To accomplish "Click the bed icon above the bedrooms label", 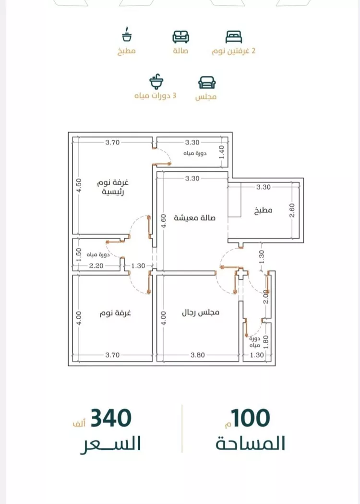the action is (x=234, y=37).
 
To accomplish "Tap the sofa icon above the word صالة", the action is (x=180, y=37).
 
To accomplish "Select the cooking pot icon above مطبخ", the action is (x=127, y=35).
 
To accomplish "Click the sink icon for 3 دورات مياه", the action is (x=156, y=82).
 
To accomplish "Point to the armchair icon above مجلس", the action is (x=207, y=82).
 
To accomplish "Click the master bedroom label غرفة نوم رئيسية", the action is (x=113, y=187).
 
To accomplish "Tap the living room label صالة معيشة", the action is (x=194, y=218).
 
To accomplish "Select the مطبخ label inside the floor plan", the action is (x=263, y=211).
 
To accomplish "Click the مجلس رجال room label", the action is (x=201, y=312).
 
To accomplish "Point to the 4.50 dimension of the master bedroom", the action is (x=79, y=185).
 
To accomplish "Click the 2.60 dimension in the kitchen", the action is (x=292, y=211).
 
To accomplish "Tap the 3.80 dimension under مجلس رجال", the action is (x=198, y=355).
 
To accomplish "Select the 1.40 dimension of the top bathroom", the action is (x=221, y=152).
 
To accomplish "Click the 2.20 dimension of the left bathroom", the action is (x=96, y=266).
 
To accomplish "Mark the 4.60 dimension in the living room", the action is (x=164, y=221).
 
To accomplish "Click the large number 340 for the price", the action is (x=111, y=418).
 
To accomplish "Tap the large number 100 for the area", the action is (x=251, y=418).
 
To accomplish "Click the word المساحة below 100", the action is (x=251, y=444).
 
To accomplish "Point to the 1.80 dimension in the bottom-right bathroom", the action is (x=265, y=342).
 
